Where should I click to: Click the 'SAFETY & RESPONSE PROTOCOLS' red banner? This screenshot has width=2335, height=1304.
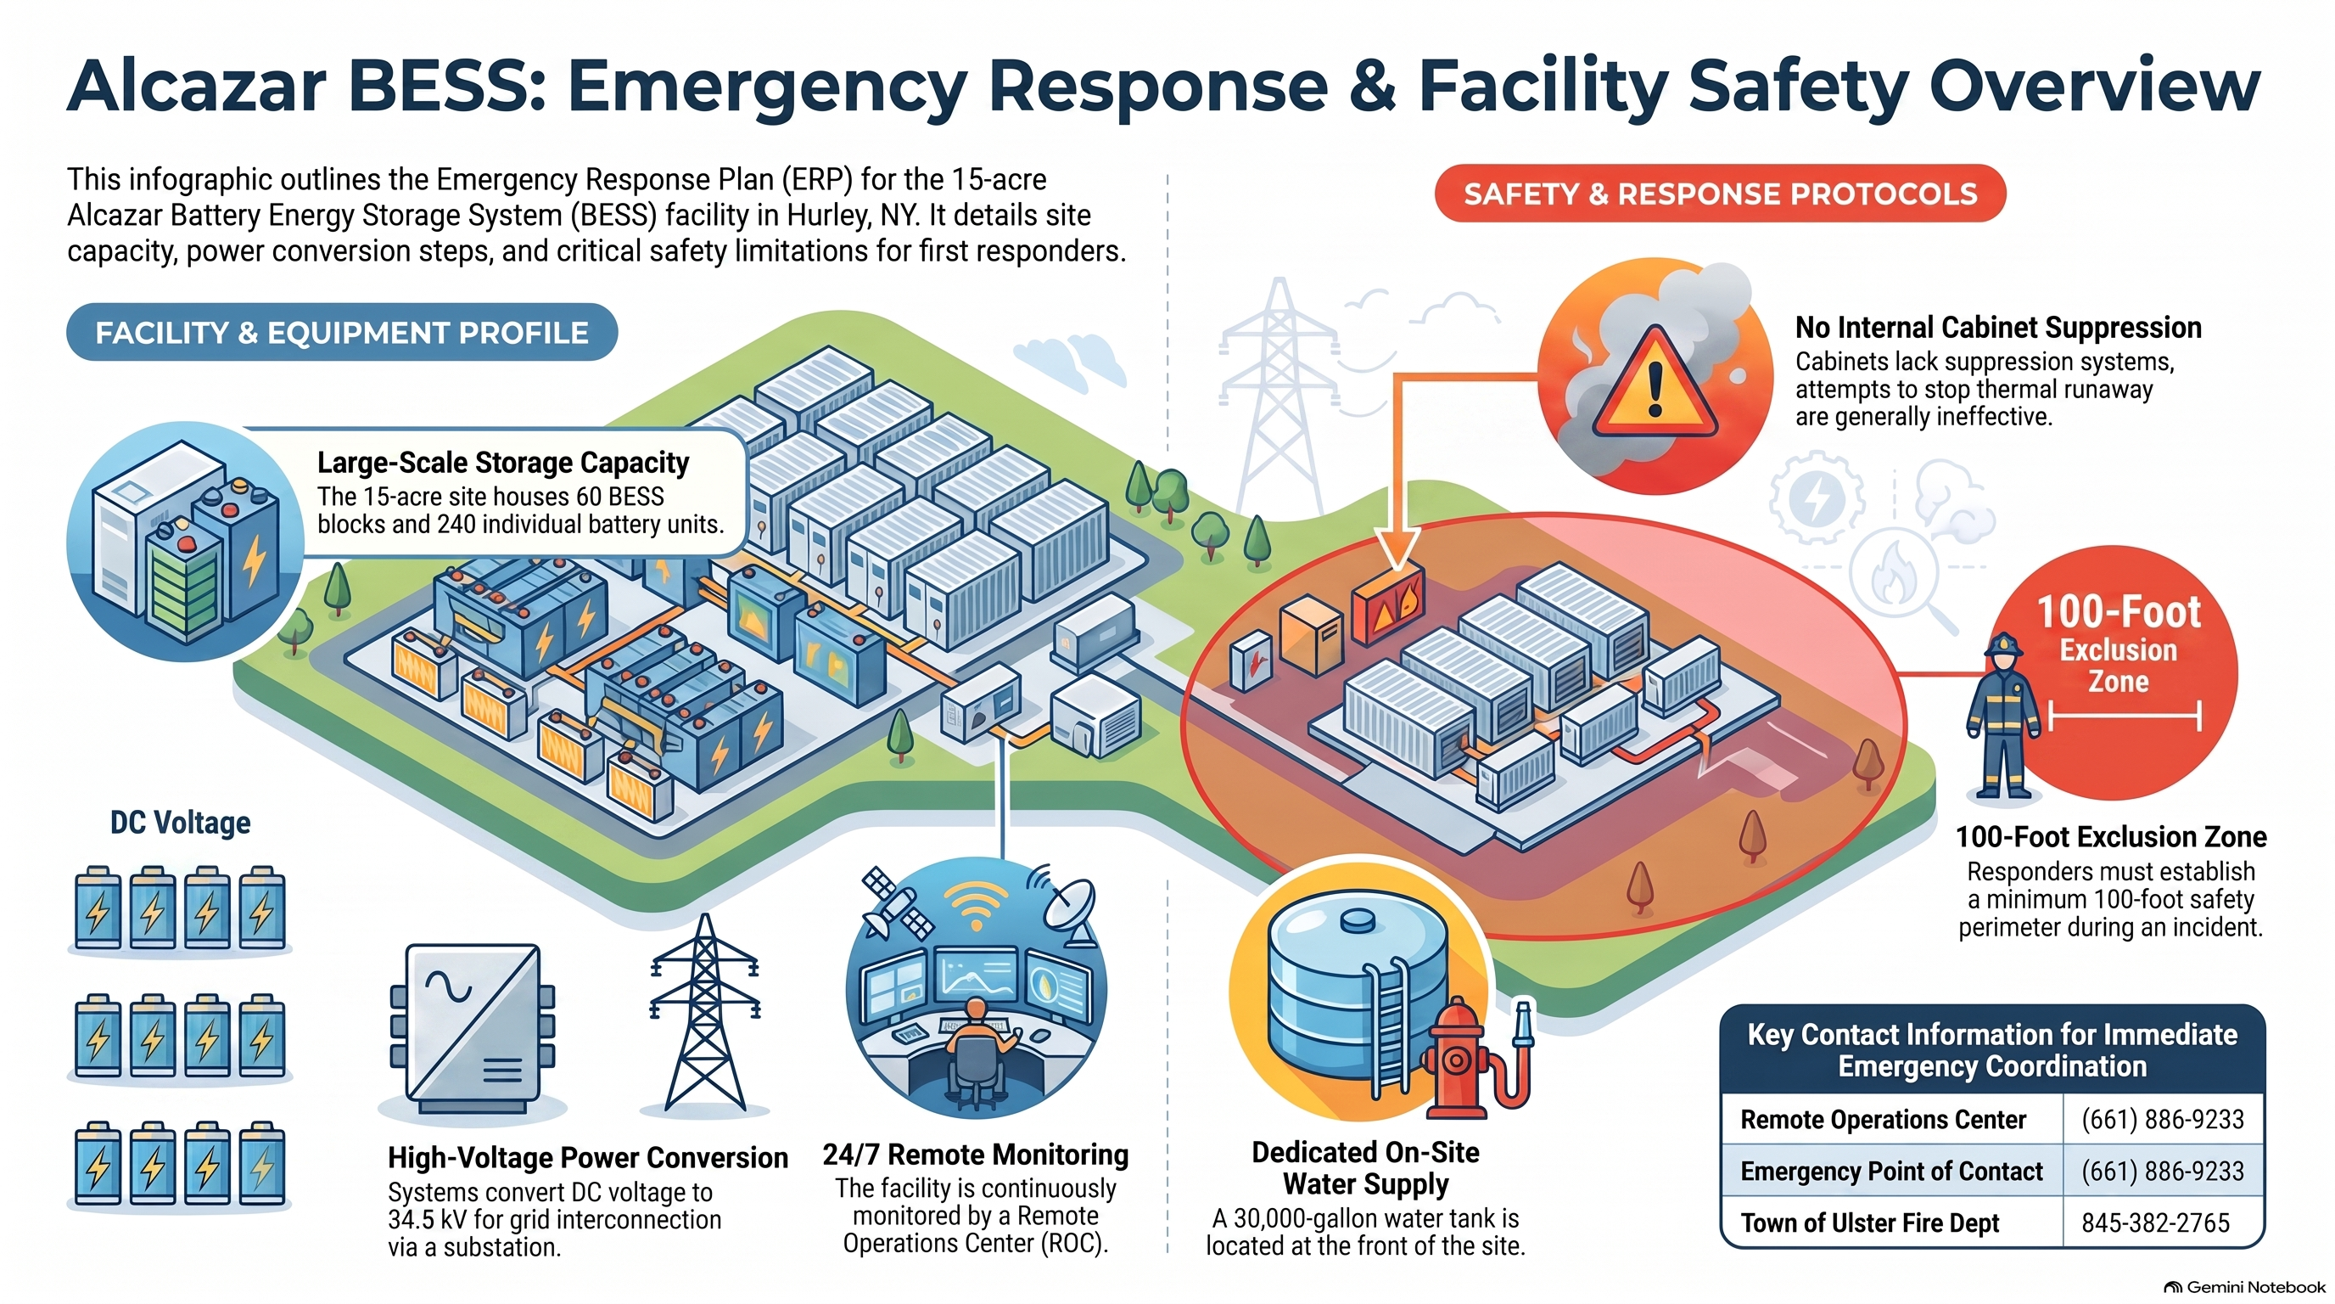tap(1720, 194)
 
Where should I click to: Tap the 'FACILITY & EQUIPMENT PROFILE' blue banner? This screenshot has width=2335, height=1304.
tap(342, 332)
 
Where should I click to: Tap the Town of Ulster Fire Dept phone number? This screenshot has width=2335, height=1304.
tap(2154, 1222)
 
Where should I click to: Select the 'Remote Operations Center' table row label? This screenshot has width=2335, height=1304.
tap(1883, 1119)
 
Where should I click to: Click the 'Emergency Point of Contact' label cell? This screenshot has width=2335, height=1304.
tap(1891, 1171)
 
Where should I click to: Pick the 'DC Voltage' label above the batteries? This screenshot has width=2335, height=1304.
tap(181, 823)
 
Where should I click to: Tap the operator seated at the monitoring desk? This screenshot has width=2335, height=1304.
tap(976, 1052)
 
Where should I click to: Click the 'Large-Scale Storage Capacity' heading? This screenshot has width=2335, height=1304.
tap(503, 463)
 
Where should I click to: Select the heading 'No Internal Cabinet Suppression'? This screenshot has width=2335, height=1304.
tap(1998, 328)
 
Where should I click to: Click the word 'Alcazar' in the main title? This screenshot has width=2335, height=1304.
tap(197, 85)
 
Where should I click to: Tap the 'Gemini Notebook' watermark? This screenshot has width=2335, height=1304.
tap(2244, 1287)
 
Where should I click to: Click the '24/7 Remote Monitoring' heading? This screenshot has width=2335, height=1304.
tap(976, 1155)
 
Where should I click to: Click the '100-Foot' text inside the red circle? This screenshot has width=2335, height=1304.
tap(2119, 612)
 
